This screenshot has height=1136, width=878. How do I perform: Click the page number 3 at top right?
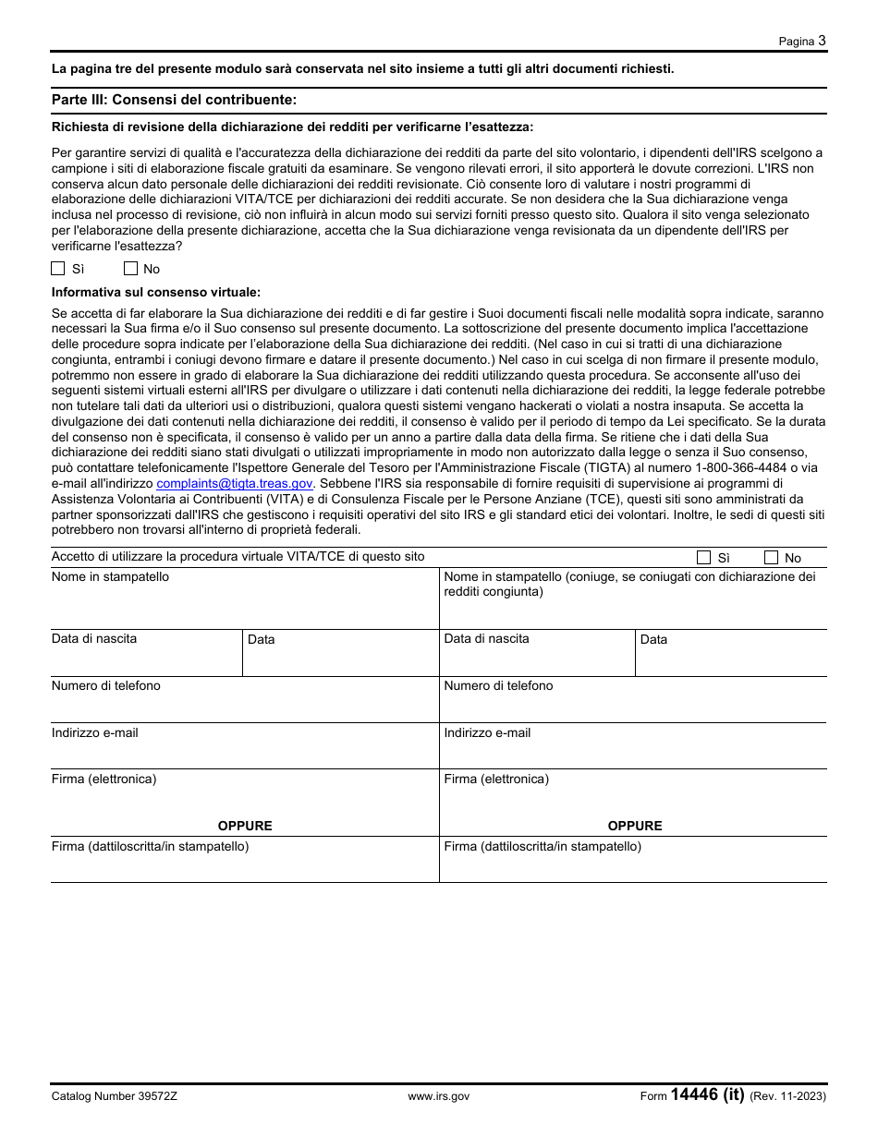coord(822,41)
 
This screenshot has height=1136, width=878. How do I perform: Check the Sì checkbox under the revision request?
coord(57,269)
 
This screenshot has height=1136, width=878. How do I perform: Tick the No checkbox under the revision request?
coord(130,269)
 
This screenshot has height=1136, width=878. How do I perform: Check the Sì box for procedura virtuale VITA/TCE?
coord(703,557)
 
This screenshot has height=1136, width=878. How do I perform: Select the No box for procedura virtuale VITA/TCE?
coord(771,557)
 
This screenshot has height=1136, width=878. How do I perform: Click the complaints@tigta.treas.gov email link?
coord(235,483)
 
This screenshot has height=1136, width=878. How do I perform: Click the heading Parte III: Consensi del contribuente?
coord(174,99)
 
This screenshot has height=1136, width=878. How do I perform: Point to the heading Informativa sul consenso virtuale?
coord(155,292)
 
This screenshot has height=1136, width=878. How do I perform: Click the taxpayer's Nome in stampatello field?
coord(244,606)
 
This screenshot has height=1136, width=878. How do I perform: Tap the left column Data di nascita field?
coord(146,659)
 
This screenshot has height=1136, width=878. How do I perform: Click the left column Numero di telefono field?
coord(244,706)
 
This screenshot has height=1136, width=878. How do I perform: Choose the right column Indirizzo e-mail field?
coord(632,752)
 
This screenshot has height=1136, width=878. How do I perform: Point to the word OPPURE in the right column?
coord(635,826)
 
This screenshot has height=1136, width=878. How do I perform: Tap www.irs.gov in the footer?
coord(438,1096)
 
